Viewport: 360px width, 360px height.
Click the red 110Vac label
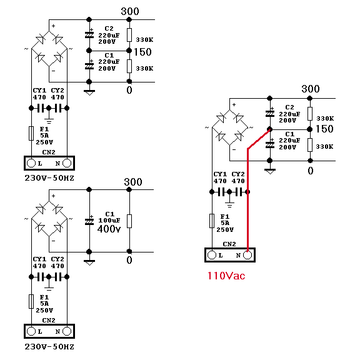tap(226, 276)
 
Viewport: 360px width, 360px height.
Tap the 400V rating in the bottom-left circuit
tap(109, 229)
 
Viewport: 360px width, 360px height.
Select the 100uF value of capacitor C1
tap(109, 221)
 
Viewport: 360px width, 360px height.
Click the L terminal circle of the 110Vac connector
tap(211, 255)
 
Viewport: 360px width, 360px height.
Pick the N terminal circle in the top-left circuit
tap(67, 163)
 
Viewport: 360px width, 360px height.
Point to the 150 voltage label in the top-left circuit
tap(142, 52)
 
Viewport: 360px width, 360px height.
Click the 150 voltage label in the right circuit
tap(324, 129)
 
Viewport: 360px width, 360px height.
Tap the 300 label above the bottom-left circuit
tap(133, 182)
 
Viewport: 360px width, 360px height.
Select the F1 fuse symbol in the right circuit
tap(212, 221)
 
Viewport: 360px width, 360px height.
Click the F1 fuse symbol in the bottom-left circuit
tap(31, 301)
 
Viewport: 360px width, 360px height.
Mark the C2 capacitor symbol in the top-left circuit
tap(89, 34)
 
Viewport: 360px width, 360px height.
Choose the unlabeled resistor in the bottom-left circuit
tap(129, 221)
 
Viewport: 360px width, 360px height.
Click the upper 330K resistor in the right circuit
tap(310, 114)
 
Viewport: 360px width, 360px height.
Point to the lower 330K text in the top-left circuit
tap(144, 68)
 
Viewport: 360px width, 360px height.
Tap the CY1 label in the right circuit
tap(220, 174)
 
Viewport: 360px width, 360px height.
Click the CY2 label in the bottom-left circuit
tap(57, 259)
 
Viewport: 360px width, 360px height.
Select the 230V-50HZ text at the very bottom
tap(49, 346)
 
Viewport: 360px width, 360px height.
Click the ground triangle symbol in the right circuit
tap(270, 171)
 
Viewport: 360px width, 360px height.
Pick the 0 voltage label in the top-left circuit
tap(129, 90)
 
